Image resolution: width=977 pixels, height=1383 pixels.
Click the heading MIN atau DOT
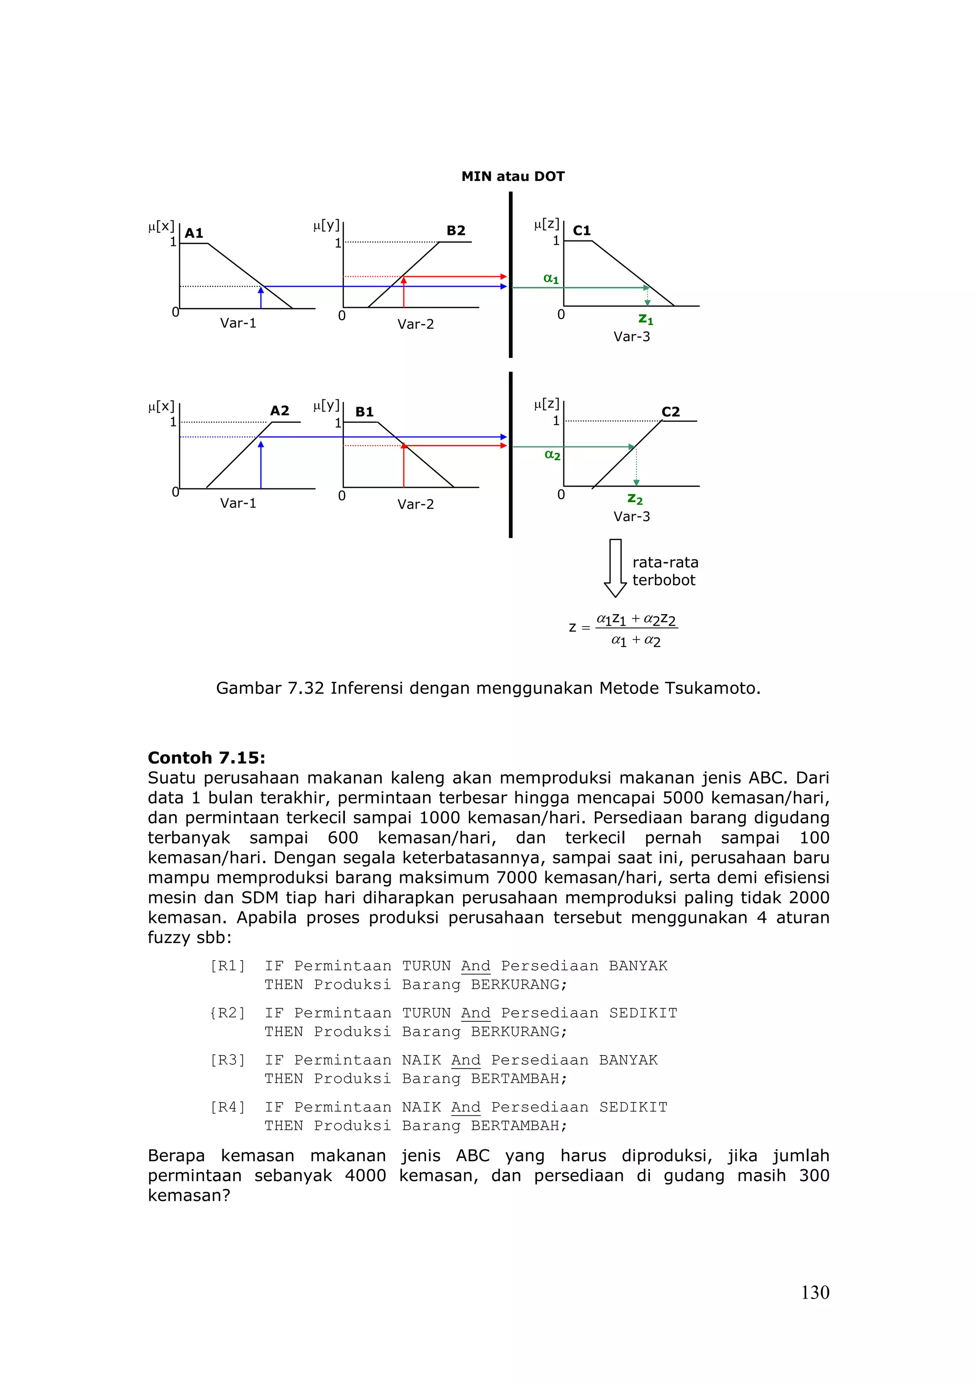click(513, 177)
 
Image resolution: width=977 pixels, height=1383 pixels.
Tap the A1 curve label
click(194, 233)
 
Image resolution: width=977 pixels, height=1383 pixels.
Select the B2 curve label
click(456, 230)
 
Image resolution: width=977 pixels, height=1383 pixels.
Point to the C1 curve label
click(582, 230)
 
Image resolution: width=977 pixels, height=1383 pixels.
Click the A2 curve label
click(280, 411)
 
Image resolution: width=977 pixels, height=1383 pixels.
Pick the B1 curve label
click(364, 412)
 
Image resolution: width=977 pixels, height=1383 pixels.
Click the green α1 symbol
click(551, 279)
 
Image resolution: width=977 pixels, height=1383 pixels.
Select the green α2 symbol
click(552, 455)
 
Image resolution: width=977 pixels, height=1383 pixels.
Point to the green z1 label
click(645, 319)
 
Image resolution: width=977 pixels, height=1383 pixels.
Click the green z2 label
click(634, 499)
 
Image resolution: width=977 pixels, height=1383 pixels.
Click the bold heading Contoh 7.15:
click(207, 758)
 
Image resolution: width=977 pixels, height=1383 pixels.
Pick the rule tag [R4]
click(228, 1107)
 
